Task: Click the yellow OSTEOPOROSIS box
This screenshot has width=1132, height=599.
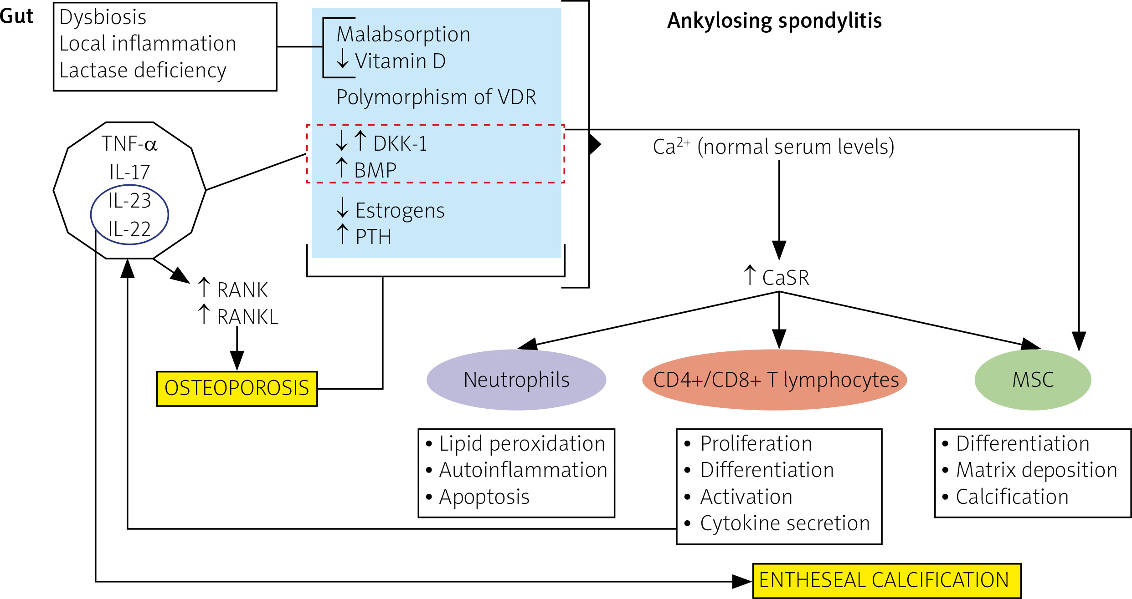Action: (x=237, y=388)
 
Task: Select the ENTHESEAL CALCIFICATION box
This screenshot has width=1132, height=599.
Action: (x=886, y=580)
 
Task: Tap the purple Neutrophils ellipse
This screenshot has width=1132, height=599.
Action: (x=516, y=380)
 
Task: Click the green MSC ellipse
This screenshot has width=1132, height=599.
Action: (x=1033, y=380)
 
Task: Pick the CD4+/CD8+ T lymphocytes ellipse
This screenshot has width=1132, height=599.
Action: (x=775, y=380)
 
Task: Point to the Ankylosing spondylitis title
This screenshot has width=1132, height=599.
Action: (x=774, y=21)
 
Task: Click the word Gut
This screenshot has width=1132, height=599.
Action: (x=17, y=17)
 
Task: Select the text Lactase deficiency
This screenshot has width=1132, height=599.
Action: (x=143, y=71)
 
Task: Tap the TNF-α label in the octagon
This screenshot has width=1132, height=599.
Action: (x=129, y=144)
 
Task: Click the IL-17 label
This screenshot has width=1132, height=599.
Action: (x=129, y=173)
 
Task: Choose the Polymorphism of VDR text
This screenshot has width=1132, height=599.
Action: (x=436, y=97)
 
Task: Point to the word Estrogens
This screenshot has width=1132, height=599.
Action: (x=400, y=211)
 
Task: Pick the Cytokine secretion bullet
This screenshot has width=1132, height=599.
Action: (x=784, y=523)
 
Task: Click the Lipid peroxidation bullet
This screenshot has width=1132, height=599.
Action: (x=522, y=444)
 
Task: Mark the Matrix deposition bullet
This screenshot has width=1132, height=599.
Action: (x=1036, y=470)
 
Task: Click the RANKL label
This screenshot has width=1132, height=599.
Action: (x=247, y=317)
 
